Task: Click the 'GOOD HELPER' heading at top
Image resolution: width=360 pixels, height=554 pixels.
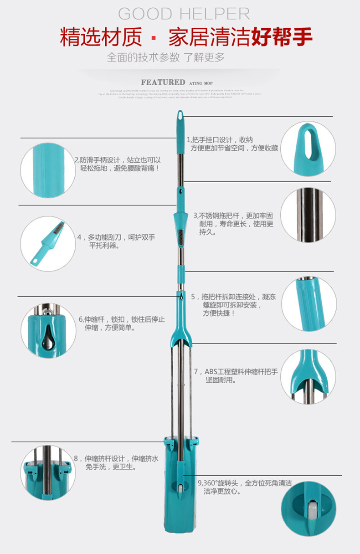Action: [184, 14]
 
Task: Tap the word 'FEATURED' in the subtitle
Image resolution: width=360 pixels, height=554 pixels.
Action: [163, 82]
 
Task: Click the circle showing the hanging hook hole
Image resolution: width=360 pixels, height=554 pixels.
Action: [308, 149]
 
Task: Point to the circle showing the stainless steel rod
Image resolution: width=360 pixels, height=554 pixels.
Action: [308, 215]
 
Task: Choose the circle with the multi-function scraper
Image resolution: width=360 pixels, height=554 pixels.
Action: [48, 244]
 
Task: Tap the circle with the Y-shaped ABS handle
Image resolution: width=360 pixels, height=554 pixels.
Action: [308, 377]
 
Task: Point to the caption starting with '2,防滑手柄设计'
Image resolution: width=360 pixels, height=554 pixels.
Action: [118, 164]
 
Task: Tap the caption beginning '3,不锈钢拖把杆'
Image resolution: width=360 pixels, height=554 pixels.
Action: [233, 224]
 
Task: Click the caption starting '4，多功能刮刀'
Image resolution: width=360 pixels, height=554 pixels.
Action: [116, 241]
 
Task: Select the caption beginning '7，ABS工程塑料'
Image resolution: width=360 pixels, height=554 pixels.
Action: [236, 376]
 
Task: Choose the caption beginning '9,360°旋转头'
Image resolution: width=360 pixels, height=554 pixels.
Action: [245, 487]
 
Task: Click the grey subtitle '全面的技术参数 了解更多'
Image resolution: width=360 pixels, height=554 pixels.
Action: [166, 57]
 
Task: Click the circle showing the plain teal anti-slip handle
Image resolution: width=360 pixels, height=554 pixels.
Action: [48, 170]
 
